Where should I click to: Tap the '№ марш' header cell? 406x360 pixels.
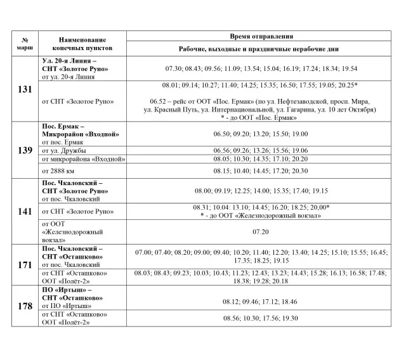click(25, 44)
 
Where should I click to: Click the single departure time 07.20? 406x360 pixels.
click(261, 232)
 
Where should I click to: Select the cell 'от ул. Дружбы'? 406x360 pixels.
click(63, 150)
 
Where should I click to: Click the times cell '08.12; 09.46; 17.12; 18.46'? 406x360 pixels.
click(261, 302)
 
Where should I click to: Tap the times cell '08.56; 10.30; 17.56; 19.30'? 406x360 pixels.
click(261, 318)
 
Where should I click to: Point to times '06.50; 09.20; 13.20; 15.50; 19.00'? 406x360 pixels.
click(261, 134)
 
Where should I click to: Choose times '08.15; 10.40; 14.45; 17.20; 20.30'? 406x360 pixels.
click(261, 170)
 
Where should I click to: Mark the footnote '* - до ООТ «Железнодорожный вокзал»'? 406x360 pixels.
click(261, 215)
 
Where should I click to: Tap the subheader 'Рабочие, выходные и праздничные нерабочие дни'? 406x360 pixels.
click(261, 49)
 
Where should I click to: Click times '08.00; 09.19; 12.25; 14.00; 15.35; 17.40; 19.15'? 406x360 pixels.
click(261, 190)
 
